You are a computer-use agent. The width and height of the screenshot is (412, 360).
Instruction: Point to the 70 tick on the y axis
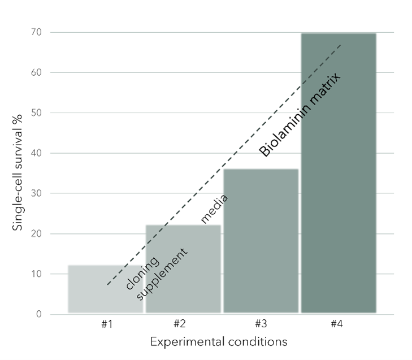click(36, 32)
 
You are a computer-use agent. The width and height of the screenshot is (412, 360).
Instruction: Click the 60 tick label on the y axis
click(36, 72)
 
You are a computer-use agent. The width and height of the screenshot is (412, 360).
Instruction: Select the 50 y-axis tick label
click(36, 113)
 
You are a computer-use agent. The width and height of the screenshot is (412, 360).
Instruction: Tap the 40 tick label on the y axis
click(36, 153)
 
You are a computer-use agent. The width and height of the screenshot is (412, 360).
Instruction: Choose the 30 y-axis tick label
click(36, 193)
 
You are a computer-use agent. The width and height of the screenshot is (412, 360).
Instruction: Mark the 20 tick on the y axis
click(36, 234)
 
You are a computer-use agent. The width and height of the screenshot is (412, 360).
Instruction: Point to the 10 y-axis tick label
click(36, 274)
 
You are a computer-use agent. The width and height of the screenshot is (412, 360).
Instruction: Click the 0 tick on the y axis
click(38, 314)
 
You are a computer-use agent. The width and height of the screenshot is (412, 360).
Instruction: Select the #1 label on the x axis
click(107, 324)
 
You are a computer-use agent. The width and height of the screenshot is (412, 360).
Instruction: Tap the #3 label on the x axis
click(261, 324)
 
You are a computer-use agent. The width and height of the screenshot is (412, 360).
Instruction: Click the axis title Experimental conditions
click(218, 342)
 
